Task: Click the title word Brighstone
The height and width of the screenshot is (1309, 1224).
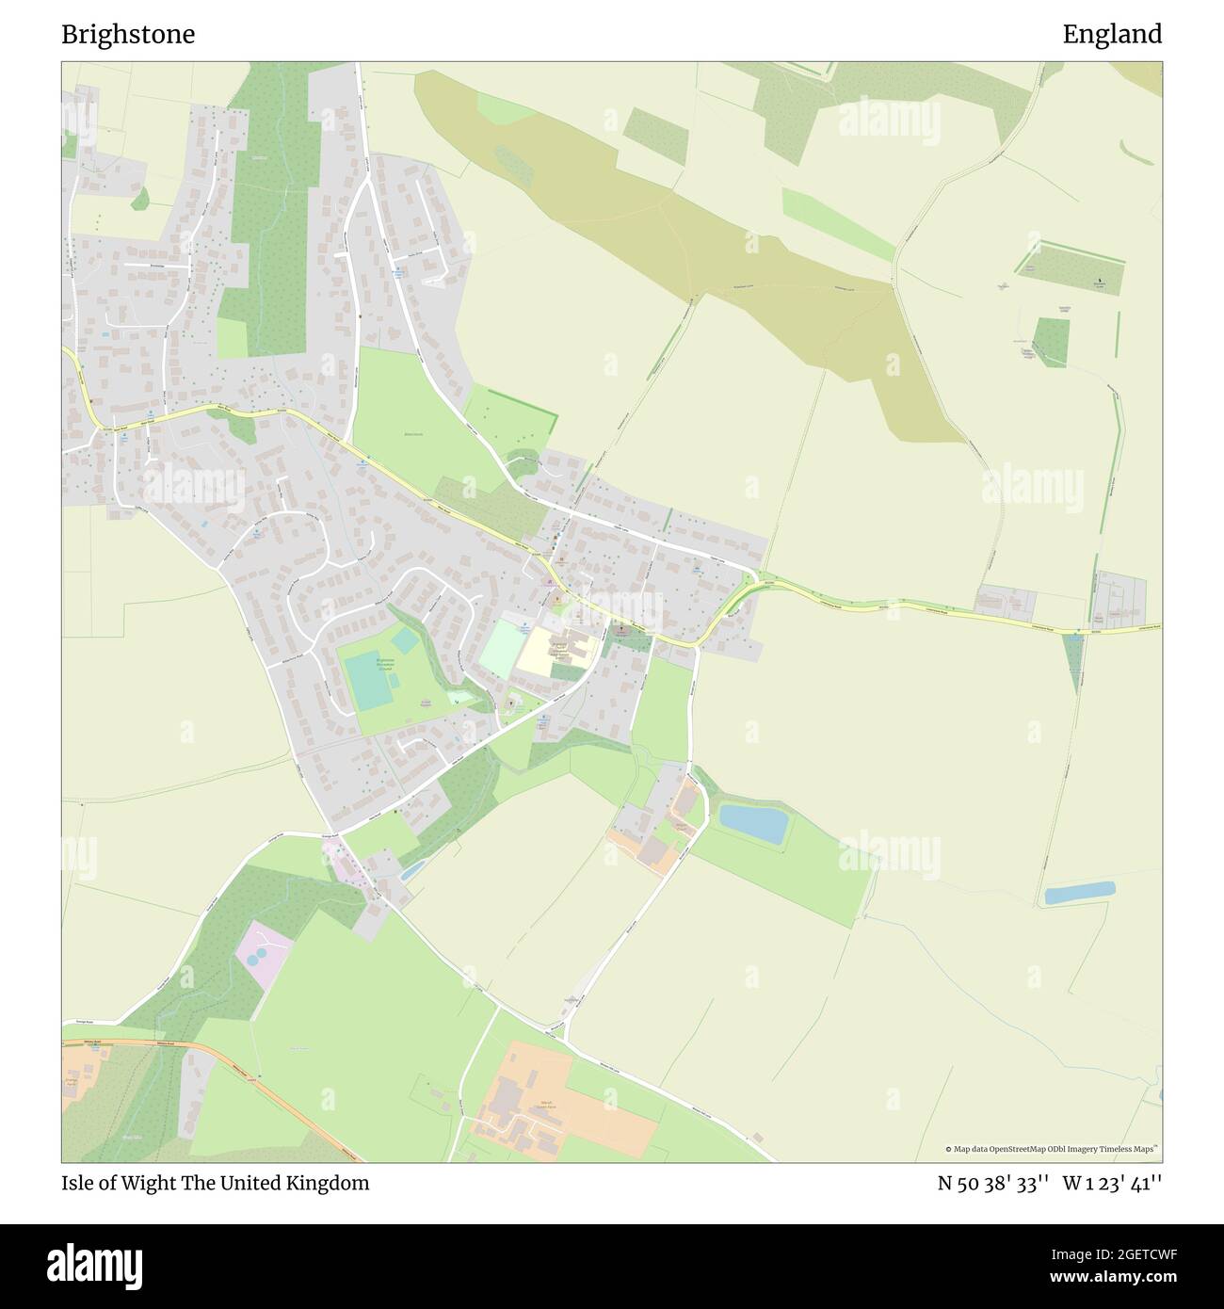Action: coord(128,35)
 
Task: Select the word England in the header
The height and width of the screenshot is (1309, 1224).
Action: coord(1112,35)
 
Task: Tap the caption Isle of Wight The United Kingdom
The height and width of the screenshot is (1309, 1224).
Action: coord(215,1183)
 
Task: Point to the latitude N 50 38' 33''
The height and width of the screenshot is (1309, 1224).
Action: coord(993,1183)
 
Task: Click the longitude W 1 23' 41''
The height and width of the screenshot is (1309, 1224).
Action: coord(1112,1183)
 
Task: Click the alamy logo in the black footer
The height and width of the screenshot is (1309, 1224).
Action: coord(105,1265)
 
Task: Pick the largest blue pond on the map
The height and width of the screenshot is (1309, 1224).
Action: coord(753,823)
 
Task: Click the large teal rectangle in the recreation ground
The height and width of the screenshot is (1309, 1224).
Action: coord(368,678)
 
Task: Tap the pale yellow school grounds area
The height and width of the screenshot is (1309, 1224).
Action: coord(540,651)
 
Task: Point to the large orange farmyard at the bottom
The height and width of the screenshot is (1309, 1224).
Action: coord(565,1097)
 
